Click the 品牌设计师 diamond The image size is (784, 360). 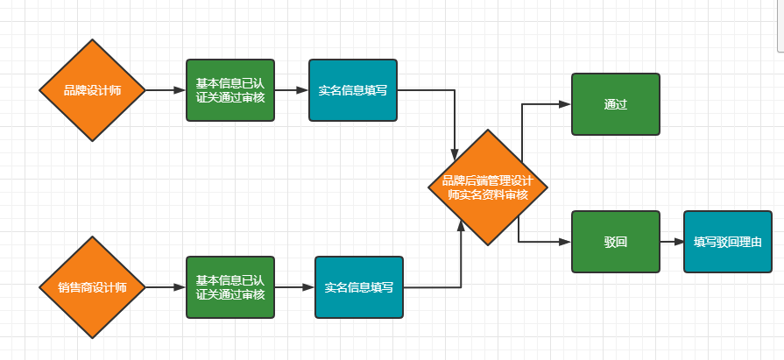(92, 90)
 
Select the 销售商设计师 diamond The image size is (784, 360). (92, 287)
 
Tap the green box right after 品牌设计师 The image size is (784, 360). (230, 90)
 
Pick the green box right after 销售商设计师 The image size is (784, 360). (230, 287)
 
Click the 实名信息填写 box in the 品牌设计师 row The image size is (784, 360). (353, 90)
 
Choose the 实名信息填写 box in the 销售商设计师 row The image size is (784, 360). (359, 287)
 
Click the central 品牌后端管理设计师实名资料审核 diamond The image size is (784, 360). (488, 187)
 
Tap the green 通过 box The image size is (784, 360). (616, 104)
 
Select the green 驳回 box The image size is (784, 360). (616, 242)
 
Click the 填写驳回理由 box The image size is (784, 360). (728, 242)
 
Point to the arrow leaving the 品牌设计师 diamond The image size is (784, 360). (165, 90)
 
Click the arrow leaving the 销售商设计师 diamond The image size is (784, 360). (165, 287)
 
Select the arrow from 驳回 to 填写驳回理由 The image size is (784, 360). (672, 242)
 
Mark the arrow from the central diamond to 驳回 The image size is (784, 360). (543, 242)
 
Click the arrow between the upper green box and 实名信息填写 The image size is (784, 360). (292, 90)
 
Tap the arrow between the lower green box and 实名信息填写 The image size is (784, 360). (294, 287)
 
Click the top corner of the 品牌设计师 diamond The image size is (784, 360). (92, 40)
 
